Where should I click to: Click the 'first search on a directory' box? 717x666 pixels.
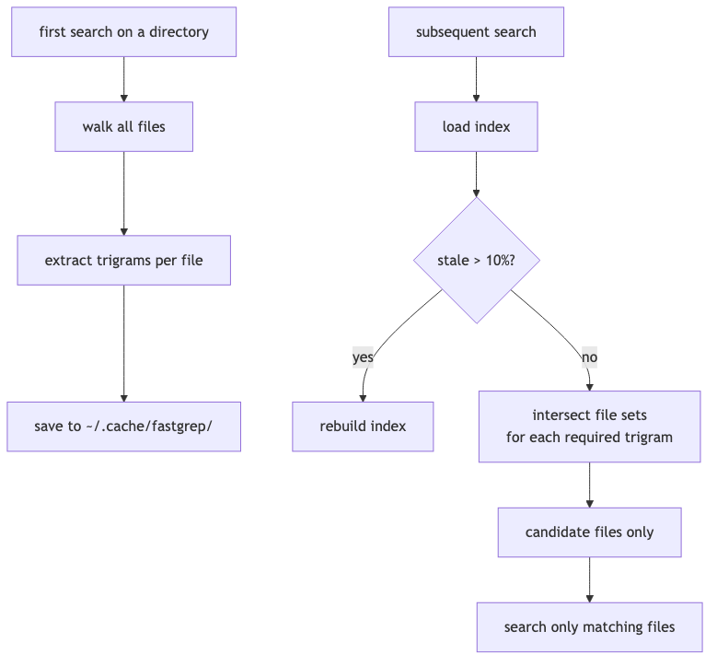click(x=123, y=32)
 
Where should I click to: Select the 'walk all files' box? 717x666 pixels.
click(x=123, y=126)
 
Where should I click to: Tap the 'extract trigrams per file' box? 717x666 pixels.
click(x=123, y=260)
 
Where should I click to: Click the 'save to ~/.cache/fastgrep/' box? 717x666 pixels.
click(x=123, y=426)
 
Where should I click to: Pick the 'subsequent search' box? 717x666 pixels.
click(x=476, y=32)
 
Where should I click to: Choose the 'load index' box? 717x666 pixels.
click(x=476, y=126)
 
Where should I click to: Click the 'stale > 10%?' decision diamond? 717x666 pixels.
click(x=476, y=260)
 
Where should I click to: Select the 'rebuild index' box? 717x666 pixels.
click(x=363, y=426)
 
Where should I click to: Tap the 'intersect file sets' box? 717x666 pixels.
click(x=589, y=426)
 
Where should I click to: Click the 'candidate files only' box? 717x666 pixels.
click(x=589, y=532)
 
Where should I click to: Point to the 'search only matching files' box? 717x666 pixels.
click(x=589, y=627)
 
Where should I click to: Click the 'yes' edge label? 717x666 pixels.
click(x=363, y=357)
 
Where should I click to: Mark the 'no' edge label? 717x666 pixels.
click(x=589, y=357)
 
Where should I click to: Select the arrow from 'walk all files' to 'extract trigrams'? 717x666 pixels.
click(x=123, y=193)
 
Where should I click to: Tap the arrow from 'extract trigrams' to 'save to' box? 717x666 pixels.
click(x=123, y=343)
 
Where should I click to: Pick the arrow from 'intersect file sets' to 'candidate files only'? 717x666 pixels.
click(x=589, y=485)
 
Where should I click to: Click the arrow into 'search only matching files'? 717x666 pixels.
click(x=589, y=580)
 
